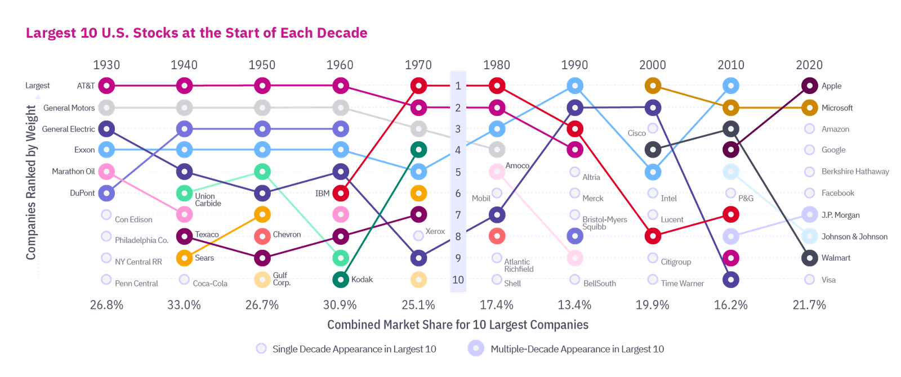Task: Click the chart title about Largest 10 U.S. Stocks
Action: (x=197, y=33)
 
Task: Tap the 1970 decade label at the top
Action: (x=418, y=65)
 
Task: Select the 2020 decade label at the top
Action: (x=809, y=65)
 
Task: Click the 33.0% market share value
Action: (x=184, y=305)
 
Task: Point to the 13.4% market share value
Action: (x=574, y=305)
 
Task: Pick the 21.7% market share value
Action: (x=809, y=305)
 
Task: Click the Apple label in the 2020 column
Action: (x=831, y=86)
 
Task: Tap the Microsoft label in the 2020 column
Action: (x=837, y=107)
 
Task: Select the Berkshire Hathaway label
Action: (x=855, y=172)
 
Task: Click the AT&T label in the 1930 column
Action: (x=86, y=86)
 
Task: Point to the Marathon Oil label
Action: (x=73, y=171)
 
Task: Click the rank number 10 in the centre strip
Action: (x=458, y=280)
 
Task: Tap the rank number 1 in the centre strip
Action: (x=458, y=86)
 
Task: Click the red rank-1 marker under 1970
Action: (x=418, y=86)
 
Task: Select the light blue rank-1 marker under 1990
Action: (x=574, y=86)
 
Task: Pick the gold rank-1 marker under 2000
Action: (x=653, y=86)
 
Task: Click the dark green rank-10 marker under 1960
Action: (x=340, y=279)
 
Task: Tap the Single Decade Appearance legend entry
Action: (x=354, y=349)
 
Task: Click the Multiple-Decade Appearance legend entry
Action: (x=577, y=349)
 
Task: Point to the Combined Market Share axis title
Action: (x=458, y=325)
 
